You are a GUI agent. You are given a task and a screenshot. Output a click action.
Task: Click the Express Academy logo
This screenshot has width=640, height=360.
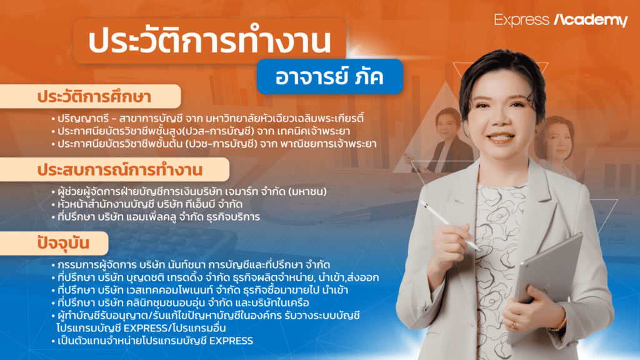[561, 20]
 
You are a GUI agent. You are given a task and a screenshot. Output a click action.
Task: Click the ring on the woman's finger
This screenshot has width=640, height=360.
[514, 324]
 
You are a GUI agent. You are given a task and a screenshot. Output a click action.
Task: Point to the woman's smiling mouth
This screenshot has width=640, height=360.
[500, 136]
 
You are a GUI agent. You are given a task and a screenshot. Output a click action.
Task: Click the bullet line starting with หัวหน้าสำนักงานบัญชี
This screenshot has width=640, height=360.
[156, 204]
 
